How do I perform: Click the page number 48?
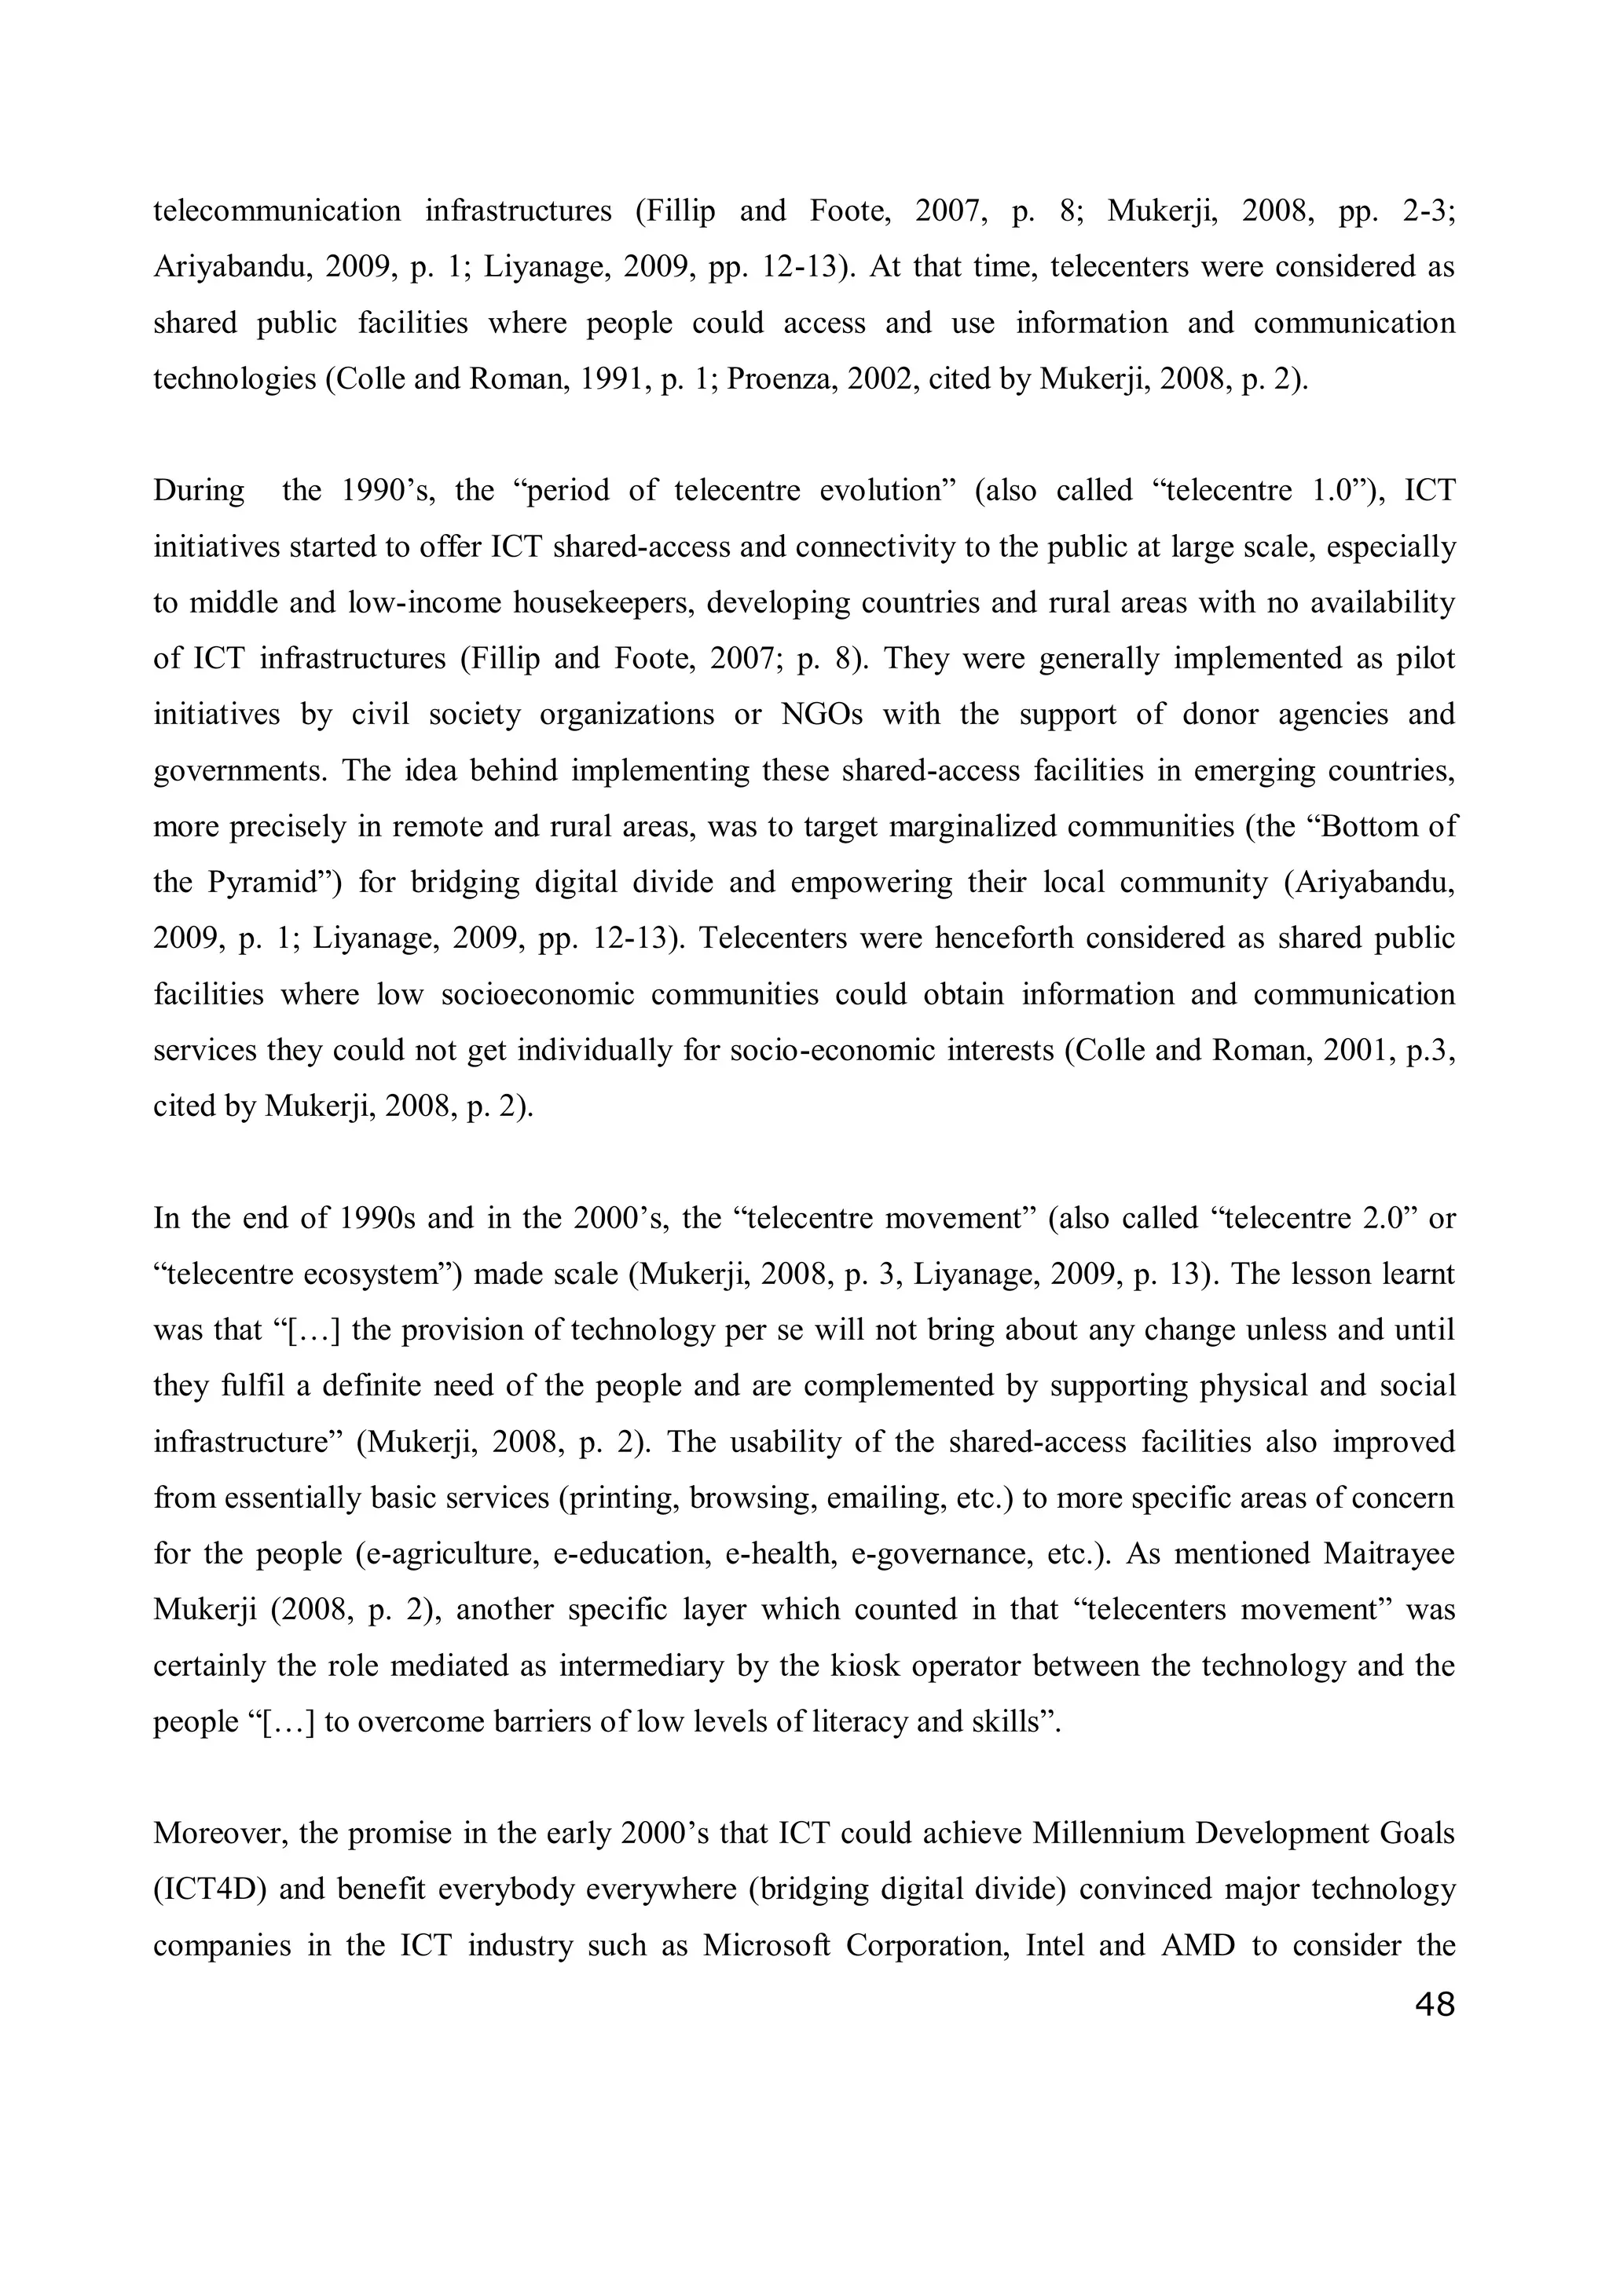pos(1435,2005)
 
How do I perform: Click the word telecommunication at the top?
pos(277,211)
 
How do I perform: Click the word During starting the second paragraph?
pos(198,491)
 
